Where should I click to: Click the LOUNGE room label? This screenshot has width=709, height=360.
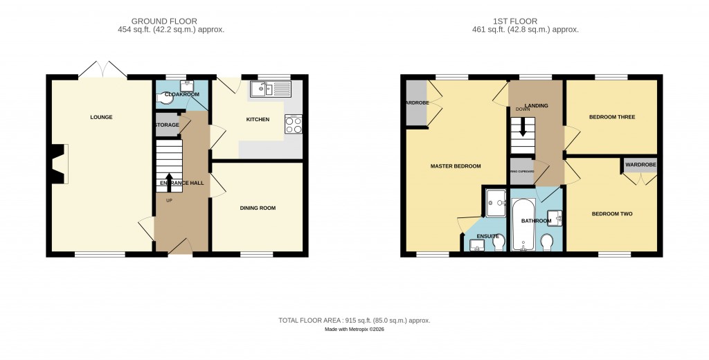click(101, 117)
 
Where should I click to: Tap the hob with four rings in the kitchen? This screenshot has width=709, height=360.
click(293, 124)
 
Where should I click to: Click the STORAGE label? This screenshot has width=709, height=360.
click(167, 125)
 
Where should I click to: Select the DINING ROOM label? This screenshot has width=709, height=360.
click(258, 208)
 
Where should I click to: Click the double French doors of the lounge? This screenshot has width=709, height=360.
click(102, 70)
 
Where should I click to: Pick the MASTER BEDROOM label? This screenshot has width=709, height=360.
click(455, 166)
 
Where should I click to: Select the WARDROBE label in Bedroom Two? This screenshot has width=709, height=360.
click(640, 165)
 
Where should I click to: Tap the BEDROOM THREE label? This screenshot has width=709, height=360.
click(612, 117)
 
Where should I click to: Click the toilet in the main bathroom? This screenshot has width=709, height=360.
click(547, 240)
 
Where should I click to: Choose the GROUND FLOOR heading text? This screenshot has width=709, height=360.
click(170, 21)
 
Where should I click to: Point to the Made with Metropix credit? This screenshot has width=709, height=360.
click(354, 330)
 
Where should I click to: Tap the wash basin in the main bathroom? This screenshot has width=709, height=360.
click(555, 217)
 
